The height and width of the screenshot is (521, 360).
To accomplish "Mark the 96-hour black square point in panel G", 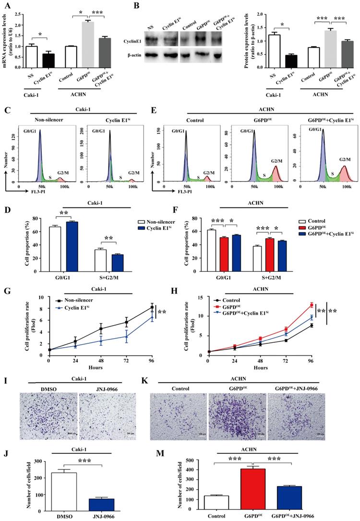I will (x=152, y=307).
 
